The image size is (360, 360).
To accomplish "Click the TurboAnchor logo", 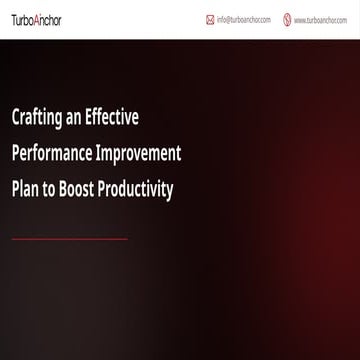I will click(x=37, y=18).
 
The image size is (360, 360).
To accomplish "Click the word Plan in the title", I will click(x=26, y=188).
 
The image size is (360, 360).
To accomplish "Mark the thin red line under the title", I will click(x=69, y=239).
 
